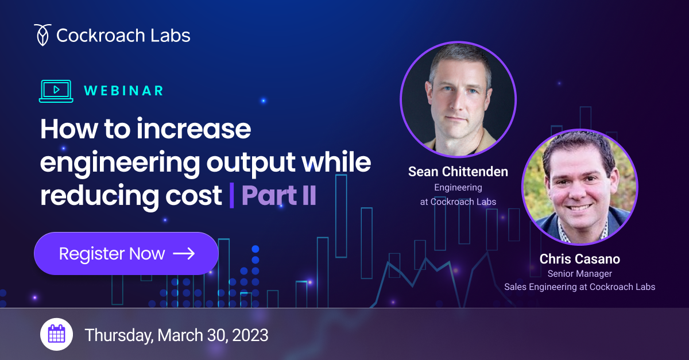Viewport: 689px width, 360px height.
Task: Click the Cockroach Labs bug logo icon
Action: tap(42, 35)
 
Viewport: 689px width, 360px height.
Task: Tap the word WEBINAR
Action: tap(123, 91)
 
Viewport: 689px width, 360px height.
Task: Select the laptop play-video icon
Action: tap(56, 91)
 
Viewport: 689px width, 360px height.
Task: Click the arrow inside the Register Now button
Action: tap(184, 254)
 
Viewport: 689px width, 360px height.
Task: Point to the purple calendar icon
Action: tap(57, 334)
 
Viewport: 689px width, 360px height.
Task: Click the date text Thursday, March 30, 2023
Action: tap(177, 335)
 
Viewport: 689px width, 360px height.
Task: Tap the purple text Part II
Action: tap(278, 195)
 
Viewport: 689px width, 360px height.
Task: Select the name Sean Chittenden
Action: tap(458, 172)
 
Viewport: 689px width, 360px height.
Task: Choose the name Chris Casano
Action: tap(580, 259)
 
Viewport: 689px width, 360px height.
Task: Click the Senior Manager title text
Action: tap(580, 273)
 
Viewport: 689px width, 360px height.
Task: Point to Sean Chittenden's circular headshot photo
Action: tap(458, 99)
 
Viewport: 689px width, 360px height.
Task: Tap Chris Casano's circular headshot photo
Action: tap(580, 187)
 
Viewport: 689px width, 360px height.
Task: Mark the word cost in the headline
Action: tap(193, 195)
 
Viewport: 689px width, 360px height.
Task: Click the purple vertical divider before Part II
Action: tap(231, 195)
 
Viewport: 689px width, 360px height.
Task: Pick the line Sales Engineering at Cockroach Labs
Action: tap(580, 287)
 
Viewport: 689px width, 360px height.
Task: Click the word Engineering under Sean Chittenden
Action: tap(458, 187)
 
